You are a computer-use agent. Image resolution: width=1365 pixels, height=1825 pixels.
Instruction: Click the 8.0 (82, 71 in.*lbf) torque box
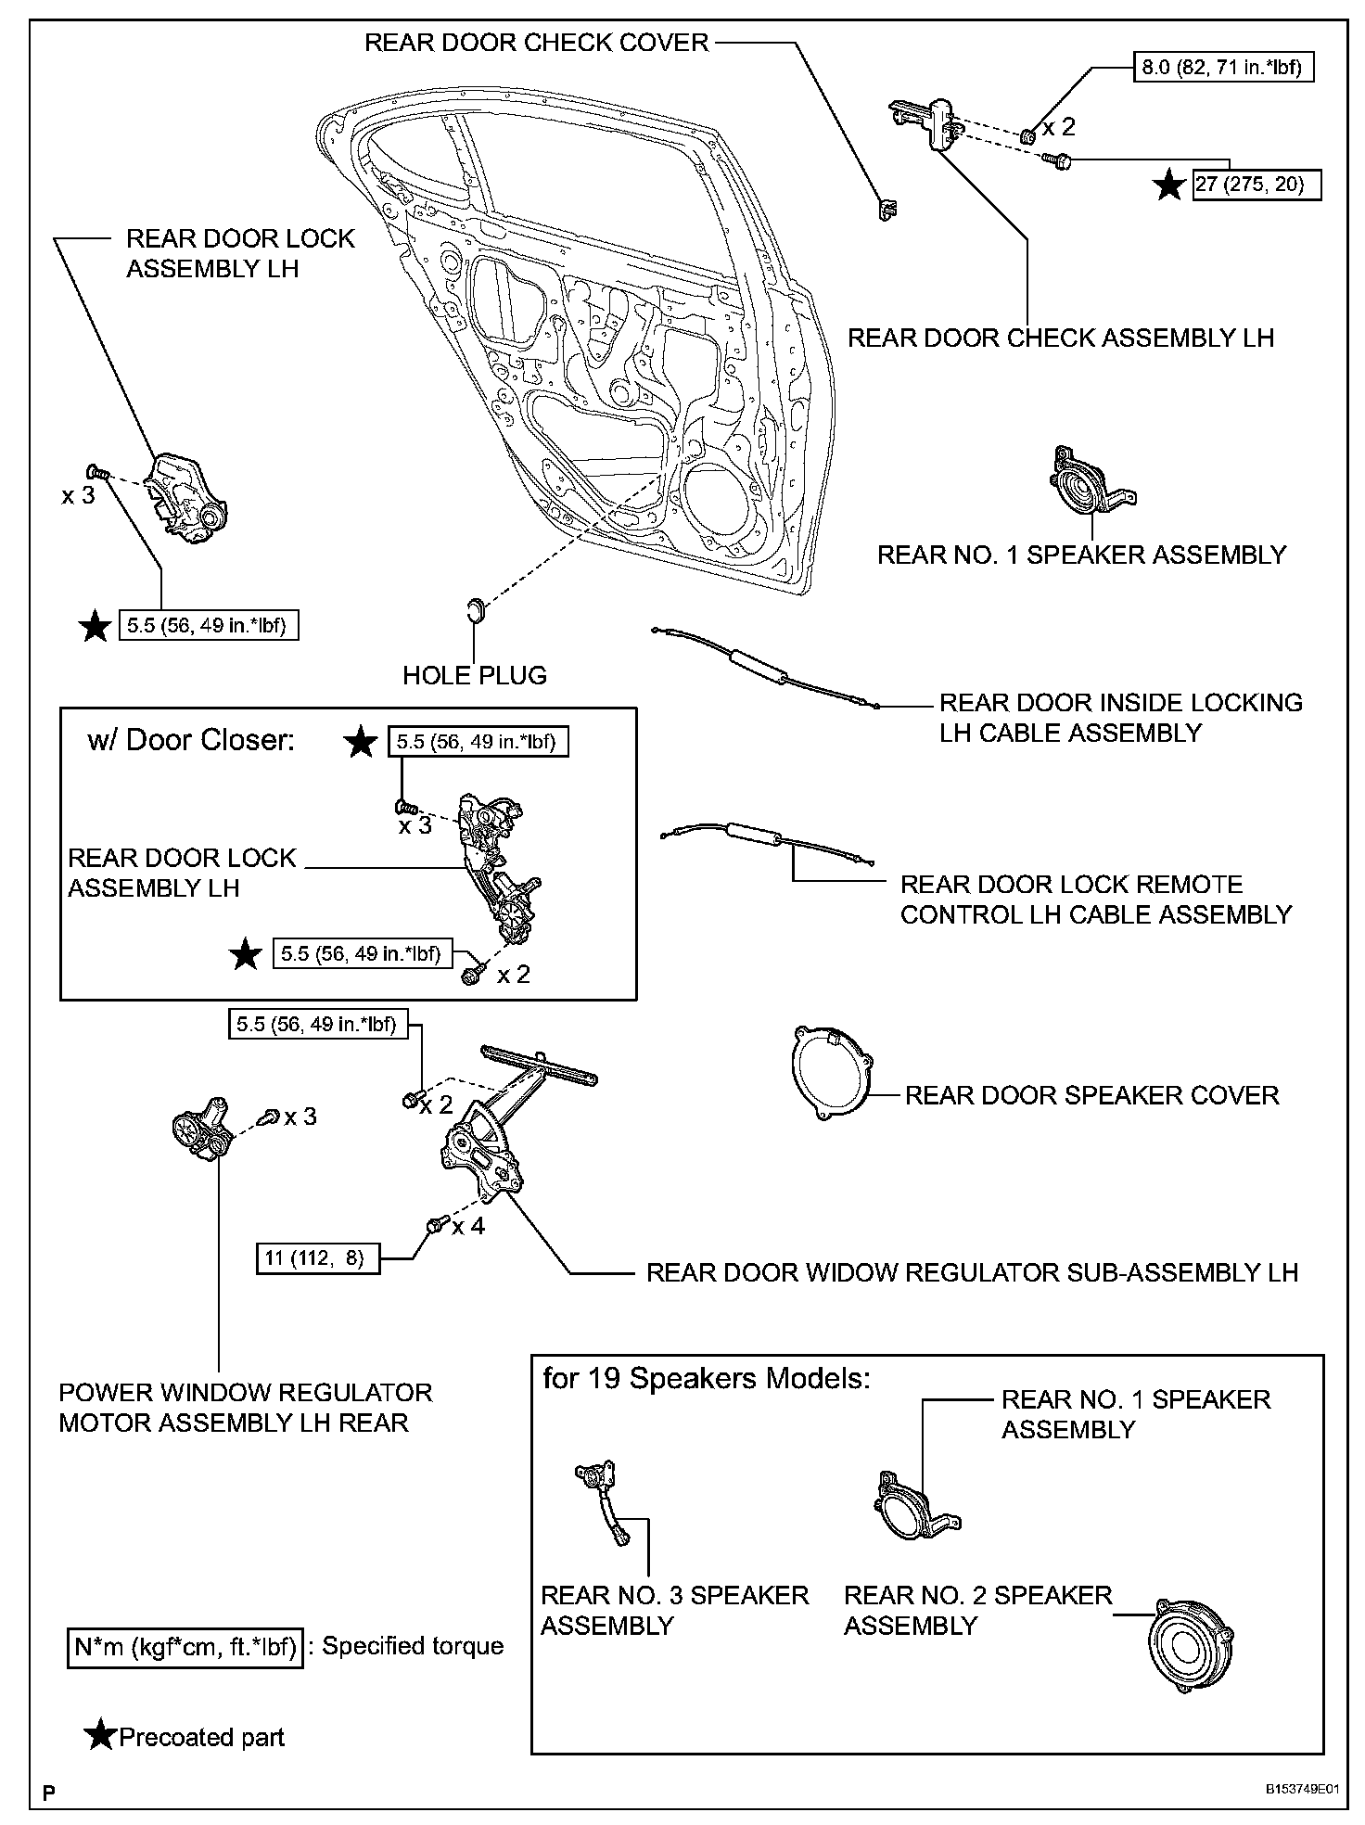click(x=1224, y=69)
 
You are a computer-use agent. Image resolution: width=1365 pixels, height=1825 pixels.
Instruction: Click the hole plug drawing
click(x=475, y=610)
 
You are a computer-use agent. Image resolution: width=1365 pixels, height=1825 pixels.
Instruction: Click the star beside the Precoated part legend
click(x=99, y=1736)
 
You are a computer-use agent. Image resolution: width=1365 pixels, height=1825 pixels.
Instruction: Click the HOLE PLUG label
click(x=475, y=675)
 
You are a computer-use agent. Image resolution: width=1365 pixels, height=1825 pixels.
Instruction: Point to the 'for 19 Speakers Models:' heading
click(x=707, y=1379)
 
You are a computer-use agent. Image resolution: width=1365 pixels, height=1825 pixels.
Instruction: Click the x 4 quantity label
click(x=469, y=1226)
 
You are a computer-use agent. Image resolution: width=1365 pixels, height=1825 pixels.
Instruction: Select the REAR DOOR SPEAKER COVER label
click(x=1091, y=1095)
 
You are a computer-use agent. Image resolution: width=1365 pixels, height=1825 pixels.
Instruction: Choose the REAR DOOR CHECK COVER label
click(x=536, y=43)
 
